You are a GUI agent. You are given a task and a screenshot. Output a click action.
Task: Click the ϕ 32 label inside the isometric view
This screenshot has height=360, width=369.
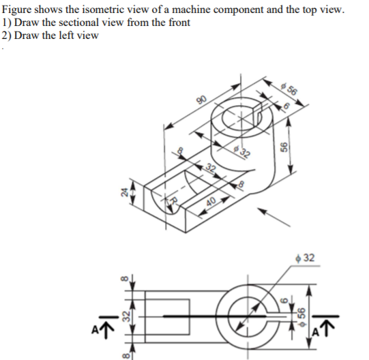pos(240,149)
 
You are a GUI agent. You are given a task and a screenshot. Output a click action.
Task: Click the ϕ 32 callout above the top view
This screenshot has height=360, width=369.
pos(306,258)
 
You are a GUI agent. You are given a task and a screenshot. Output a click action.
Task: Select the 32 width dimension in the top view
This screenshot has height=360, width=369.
pos(123,317)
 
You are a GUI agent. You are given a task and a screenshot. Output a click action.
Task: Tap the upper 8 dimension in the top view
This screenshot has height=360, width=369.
pos(123,279)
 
